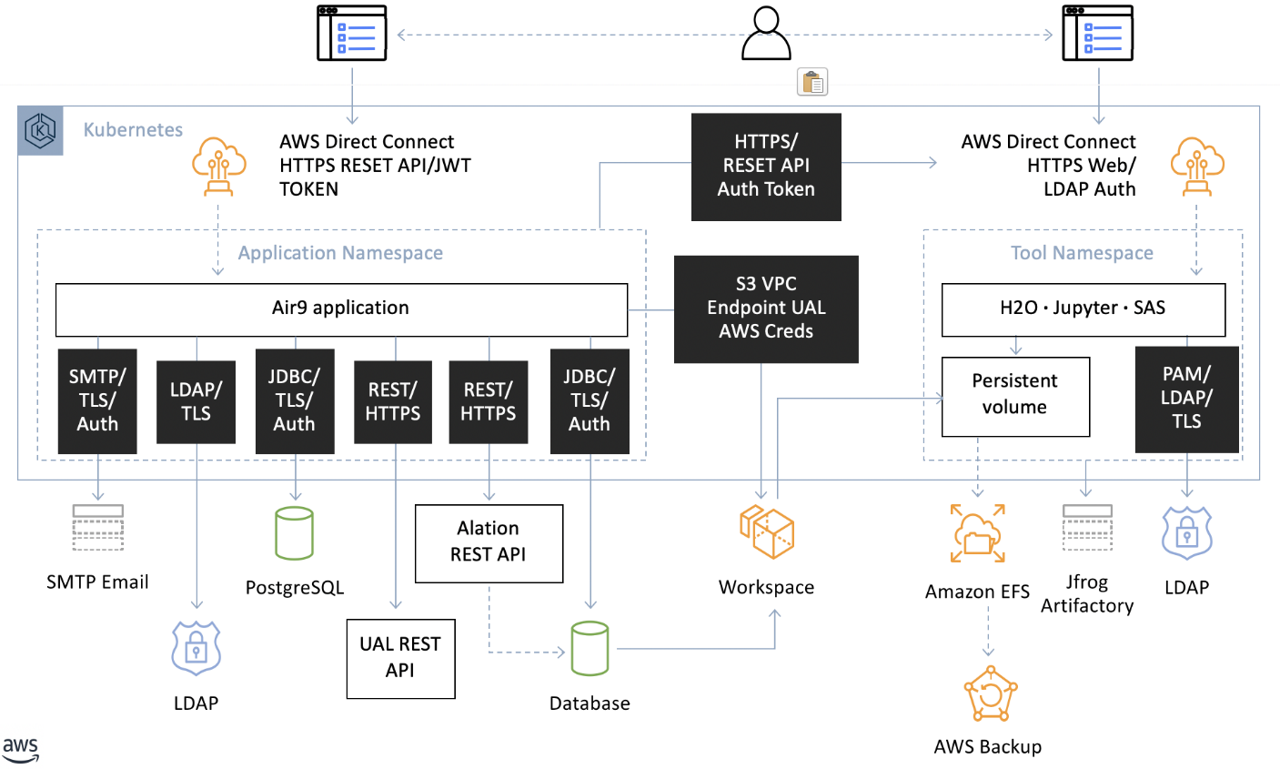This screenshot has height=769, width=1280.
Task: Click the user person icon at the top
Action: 766,33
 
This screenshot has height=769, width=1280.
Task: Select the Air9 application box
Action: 341,309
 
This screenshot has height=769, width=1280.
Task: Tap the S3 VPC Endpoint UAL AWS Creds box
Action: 766,309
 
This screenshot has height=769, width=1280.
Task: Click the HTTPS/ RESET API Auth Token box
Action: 766,167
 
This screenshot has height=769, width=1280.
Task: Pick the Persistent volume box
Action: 1015,396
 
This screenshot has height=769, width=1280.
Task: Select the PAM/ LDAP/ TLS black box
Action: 1187,400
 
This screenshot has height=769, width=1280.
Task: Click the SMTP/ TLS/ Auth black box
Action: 97,400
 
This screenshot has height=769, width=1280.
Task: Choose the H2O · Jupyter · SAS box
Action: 1083,309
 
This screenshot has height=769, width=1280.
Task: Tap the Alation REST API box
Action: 489,543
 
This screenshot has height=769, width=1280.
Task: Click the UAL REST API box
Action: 400,658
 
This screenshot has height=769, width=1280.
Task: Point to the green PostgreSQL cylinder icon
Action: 294,533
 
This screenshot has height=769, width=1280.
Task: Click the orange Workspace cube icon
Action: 766,531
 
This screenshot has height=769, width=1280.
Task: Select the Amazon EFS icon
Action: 978,533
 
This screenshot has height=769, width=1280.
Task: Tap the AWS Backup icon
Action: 991,693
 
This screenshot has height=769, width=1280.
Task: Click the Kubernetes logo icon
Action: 40,130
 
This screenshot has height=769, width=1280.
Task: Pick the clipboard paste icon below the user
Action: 812,82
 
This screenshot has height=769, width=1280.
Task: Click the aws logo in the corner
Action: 21,750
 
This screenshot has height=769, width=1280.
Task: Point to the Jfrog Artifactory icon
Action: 1087,527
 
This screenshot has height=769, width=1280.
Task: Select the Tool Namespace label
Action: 1082,253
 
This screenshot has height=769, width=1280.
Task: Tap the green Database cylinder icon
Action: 590,648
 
